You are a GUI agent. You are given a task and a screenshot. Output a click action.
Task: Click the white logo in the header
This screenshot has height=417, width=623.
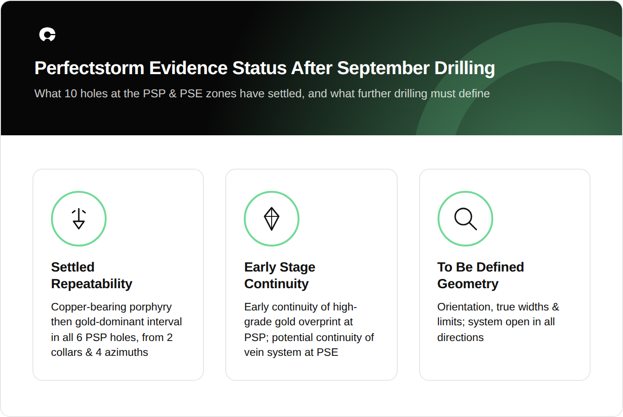[x=47, y=35]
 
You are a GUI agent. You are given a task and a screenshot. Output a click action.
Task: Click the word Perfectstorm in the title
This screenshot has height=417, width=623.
[x=89, y=68]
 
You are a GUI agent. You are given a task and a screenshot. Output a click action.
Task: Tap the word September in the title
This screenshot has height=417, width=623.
[x=383, y=68]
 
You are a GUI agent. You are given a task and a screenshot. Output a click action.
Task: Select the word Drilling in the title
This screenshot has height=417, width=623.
[x=464, y=68]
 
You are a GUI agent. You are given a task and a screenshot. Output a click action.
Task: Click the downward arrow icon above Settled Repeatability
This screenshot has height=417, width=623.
[x=79, y=219]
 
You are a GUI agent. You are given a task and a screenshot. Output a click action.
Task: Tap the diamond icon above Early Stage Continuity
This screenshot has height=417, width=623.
[x=272, y=219]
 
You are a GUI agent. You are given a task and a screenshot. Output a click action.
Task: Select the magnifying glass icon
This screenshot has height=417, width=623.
[x=465, y=219]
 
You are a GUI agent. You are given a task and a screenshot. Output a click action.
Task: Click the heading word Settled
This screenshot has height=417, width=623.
[x=73, y=267]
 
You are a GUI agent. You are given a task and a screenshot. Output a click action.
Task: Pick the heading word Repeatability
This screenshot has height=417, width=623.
[x=92, y=284]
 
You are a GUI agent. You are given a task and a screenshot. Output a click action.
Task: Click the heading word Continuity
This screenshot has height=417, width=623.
[x=276, y=284]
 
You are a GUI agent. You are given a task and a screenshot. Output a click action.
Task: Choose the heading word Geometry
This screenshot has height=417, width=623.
[x=468, y=284]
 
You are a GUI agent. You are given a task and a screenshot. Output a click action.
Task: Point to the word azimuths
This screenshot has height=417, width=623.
[x=126, y=352]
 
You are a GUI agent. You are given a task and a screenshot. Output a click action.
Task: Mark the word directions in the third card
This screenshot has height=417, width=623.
[x=460, y=337]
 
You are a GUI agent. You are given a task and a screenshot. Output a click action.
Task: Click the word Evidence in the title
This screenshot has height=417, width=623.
[x=188, y=68]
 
